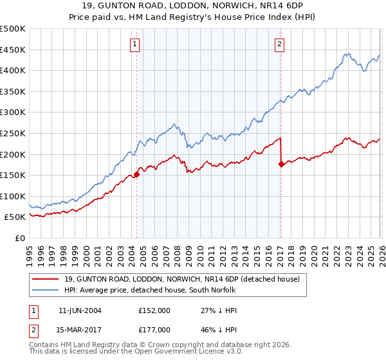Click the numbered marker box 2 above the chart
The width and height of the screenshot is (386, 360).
(280, 44)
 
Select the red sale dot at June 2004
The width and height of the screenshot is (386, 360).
(136, 174)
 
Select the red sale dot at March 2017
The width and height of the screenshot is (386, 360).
(281, 164)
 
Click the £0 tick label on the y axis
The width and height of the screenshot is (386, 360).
(21, 239)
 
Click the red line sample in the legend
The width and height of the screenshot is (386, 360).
(46, 279)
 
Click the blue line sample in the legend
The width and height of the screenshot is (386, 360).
(46, 291)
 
